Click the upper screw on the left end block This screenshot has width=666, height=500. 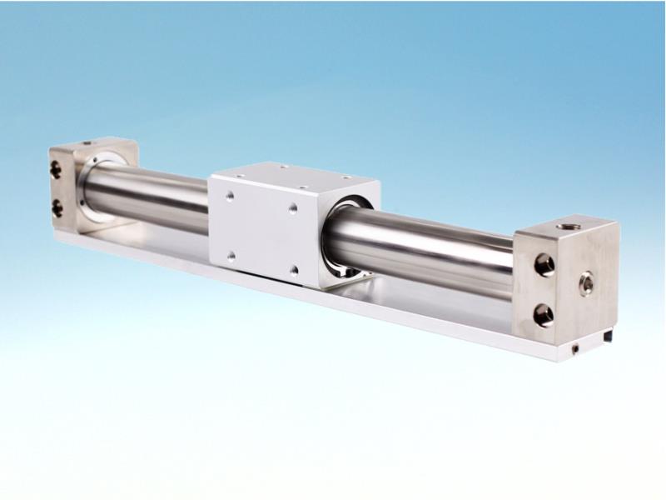pyautogui.click(x=55, y=171)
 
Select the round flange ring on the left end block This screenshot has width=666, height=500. pyautogui.click(x=97, y=187)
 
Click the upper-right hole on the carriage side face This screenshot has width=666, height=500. pyautogui.click(x=293, y=207)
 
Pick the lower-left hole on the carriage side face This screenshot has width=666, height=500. pyautogui.click(x=231, y=254)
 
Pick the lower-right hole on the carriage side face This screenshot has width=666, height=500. pyautogui.click(x=294, y=269)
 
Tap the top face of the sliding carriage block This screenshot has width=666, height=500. pyautogui.click(x=291, y=173)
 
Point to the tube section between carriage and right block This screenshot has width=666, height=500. pyautogui.click(x=425, y=250)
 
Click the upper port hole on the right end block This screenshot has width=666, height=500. pyautogui.click(x=544, y=266)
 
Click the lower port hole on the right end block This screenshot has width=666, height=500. pyautogui.click(x=544, y=315)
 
